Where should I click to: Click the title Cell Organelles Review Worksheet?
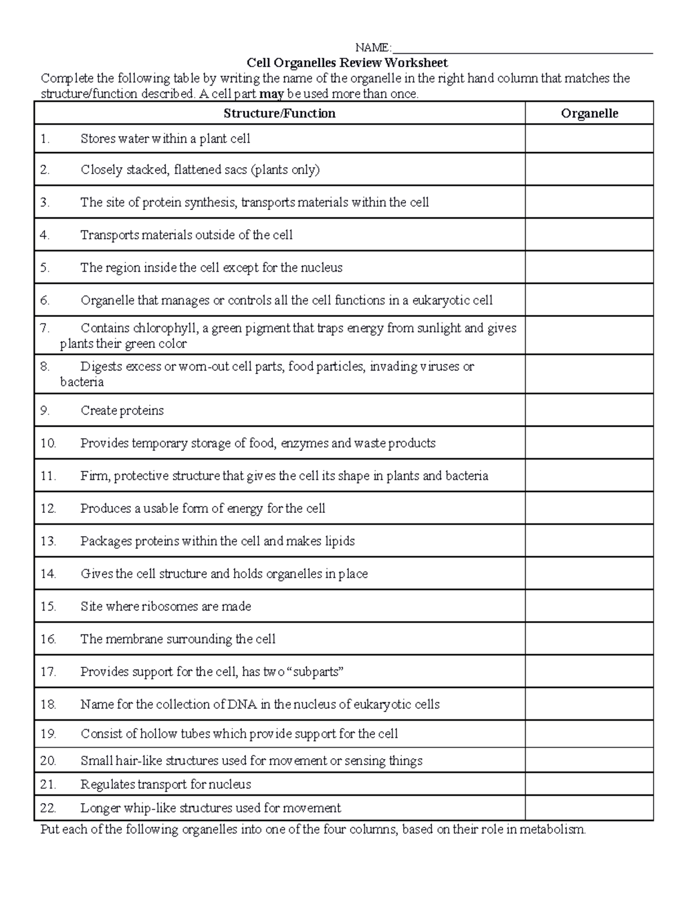(347, 62)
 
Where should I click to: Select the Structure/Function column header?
(279, 113)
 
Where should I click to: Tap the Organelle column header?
(589, 113)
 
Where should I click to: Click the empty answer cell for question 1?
(589, 139)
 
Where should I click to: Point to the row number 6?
(45, 301)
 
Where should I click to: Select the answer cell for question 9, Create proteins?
(589, 411)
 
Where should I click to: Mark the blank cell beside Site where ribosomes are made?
(589, 607)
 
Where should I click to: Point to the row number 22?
(48, 808)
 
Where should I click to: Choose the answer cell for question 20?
(589, 760)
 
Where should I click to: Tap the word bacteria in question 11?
(467, 476)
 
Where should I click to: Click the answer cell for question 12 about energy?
(589, 509)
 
